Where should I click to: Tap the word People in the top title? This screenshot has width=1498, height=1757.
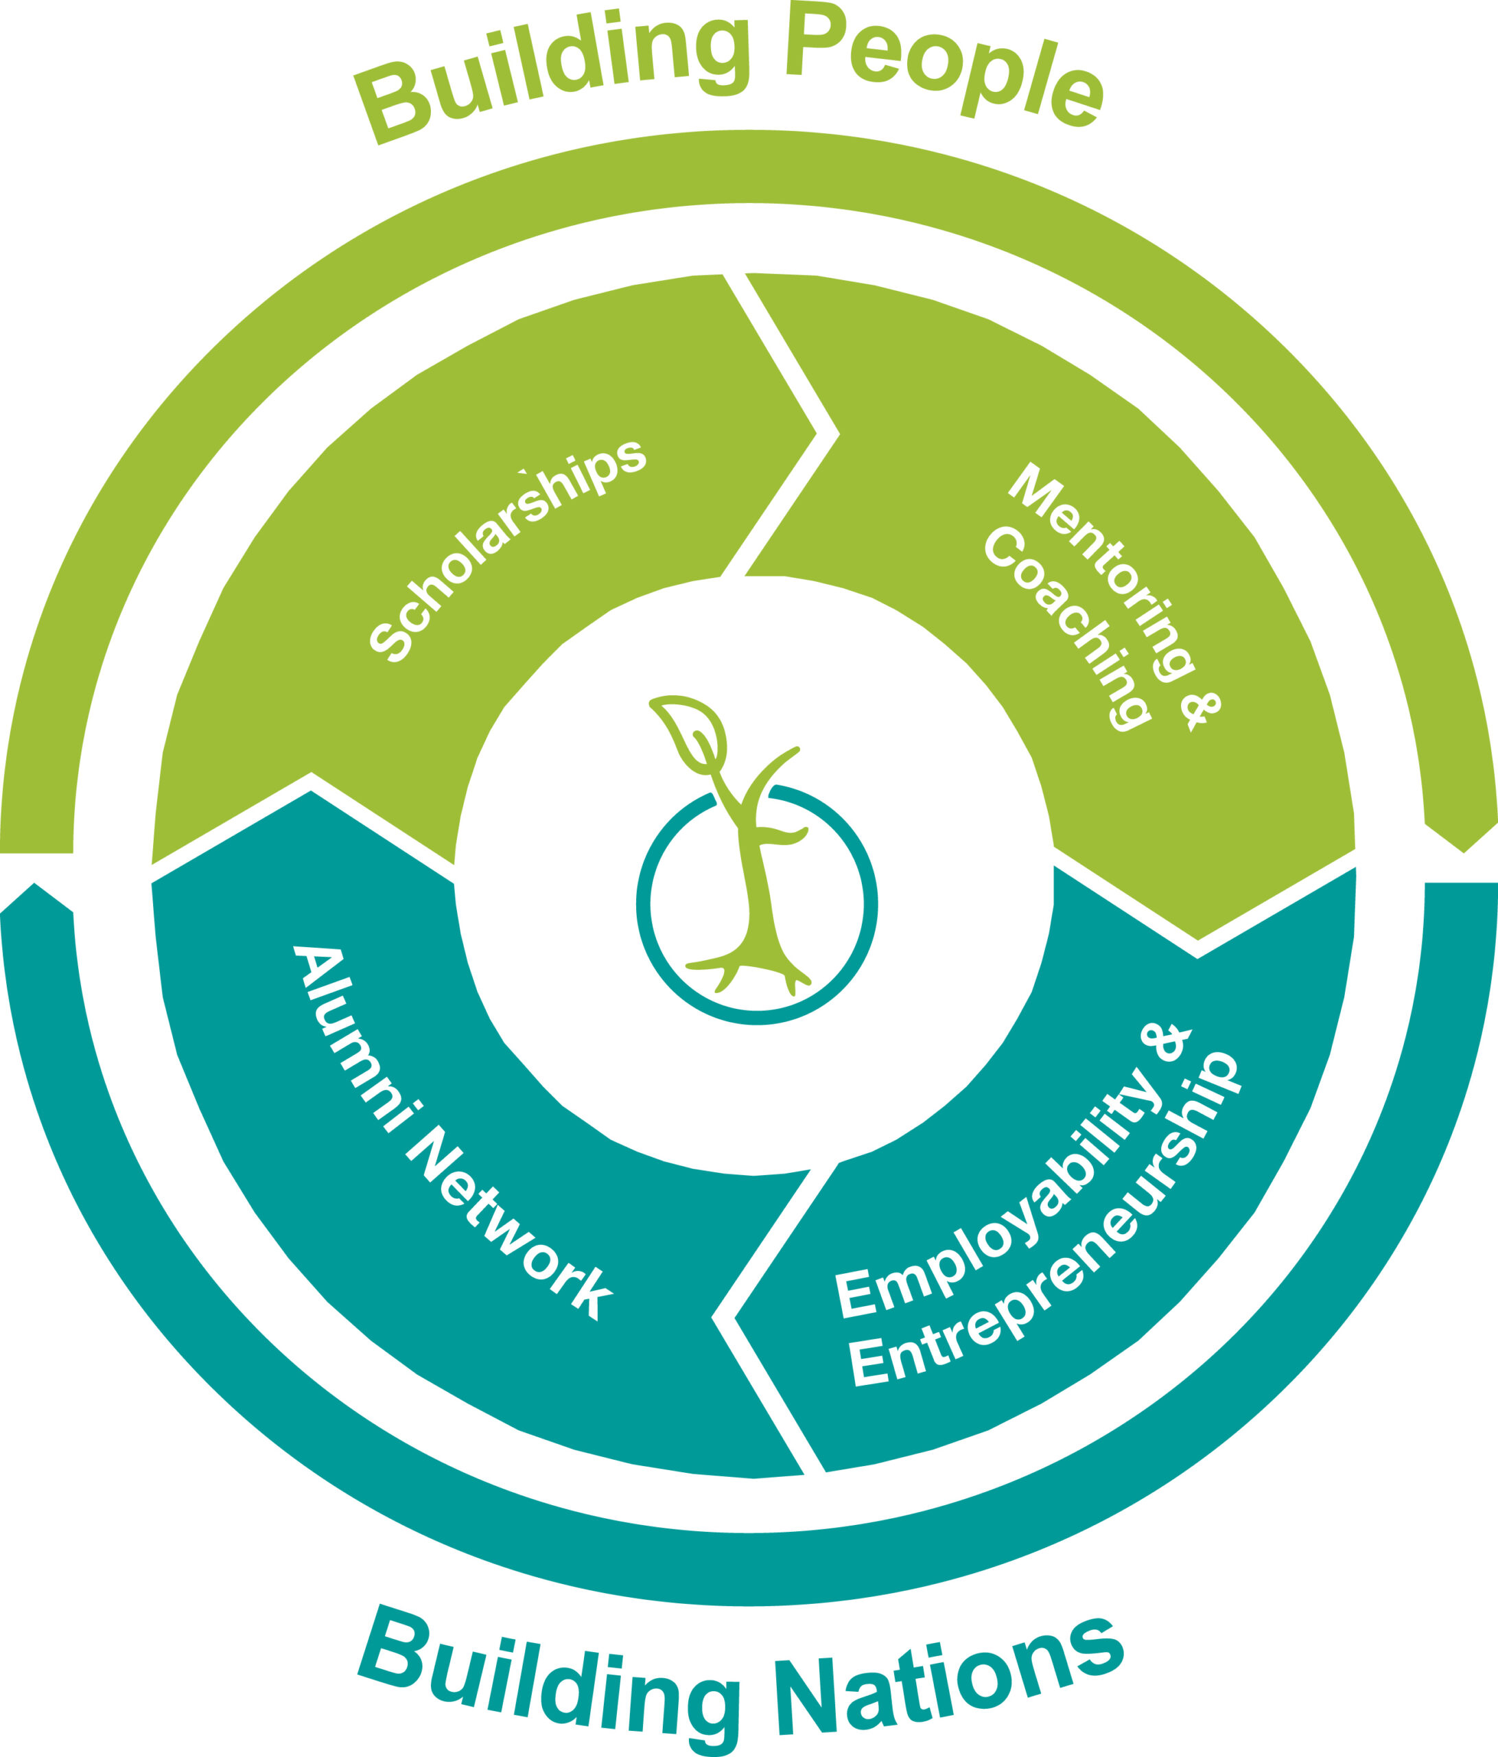(x=946, y=68)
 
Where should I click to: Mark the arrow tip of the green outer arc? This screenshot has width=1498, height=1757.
(x=1464, y=852)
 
